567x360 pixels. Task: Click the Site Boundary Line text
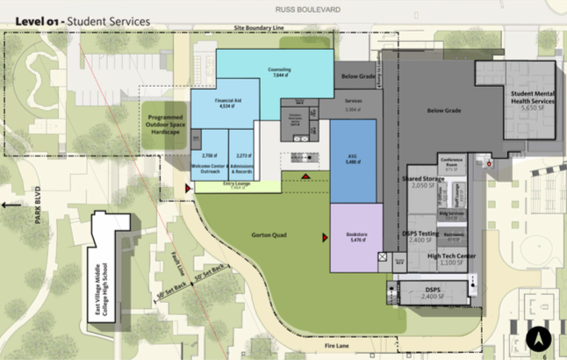pos(260,27)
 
